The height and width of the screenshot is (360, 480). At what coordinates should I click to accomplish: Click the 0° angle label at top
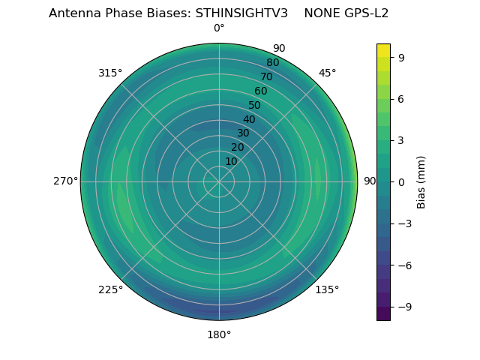(219, 28)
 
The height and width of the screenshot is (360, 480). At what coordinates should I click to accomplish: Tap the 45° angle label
(327, 73)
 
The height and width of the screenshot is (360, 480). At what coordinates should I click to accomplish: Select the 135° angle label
(327, 289)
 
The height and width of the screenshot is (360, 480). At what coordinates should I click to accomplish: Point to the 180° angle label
(219, 334)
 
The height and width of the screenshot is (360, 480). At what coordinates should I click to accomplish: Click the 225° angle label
(110, 289)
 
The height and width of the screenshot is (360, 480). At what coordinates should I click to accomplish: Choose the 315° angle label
(110, 73)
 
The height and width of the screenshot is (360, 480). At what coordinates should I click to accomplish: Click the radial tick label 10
(231, 161)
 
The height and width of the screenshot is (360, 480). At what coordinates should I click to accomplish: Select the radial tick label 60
(261, 91)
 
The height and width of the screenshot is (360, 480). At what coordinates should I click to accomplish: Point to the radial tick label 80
(273, 62)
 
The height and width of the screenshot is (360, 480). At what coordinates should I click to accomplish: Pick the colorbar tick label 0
(400, 181)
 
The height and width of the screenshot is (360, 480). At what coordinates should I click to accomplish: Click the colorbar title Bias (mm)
(421, 181)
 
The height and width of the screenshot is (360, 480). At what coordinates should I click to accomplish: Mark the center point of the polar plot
(219, 181)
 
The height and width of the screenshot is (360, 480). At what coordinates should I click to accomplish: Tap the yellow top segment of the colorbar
(383, 49)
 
